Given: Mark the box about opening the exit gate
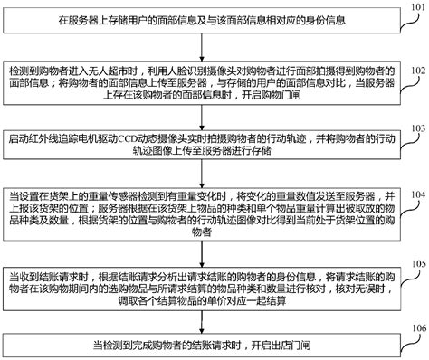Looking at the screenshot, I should (203, 345).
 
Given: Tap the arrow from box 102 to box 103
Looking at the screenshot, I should (203, 118).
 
